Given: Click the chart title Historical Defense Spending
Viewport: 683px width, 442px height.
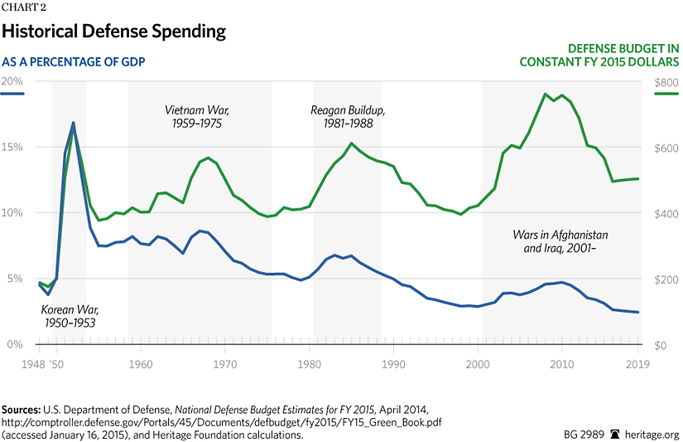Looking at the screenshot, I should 113,32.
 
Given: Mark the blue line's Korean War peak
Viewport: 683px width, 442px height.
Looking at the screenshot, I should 74,123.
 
